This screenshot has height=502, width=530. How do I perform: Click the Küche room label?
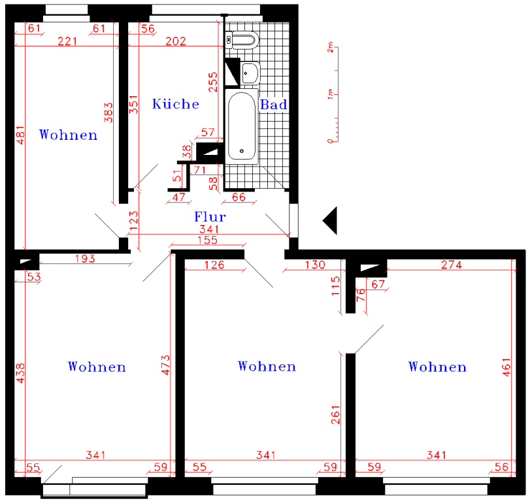click(175, 104)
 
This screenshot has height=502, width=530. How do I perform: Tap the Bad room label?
click(273, 105)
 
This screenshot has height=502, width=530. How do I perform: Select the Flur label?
click(210, 217)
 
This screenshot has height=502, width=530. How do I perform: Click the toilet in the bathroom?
click(242, 41)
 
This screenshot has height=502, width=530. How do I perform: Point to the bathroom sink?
click(250, 73)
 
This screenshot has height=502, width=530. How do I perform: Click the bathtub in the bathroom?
click(242, 126)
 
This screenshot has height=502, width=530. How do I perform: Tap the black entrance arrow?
click(330, 220)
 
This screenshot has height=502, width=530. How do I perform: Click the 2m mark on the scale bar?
click(330, 47)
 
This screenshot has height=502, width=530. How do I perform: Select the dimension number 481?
click(20, 135)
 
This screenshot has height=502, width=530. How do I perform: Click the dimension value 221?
click(67, 41)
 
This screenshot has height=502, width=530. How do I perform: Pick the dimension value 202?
click(175, 41)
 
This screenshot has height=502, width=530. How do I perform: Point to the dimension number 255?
click(213, 82)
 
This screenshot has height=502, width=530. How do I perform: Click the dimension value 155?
click(208, 240)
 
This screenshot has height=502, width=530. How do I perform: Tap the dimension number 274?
click(452, 265)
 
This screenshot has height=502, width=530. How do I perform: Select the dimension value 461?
click(506, 367)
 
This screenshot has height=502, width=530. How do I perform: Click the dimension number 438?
click(20, 373)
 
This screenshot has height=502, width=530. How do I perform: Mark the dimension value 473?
click(165, 365)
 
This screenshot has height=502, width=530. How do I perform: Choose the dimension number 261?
click(335, 415)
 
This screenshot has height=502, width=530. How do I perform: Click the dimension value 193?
click(85, 259)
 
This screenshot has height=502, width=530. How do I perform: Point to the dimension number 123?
click(134, 221)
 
